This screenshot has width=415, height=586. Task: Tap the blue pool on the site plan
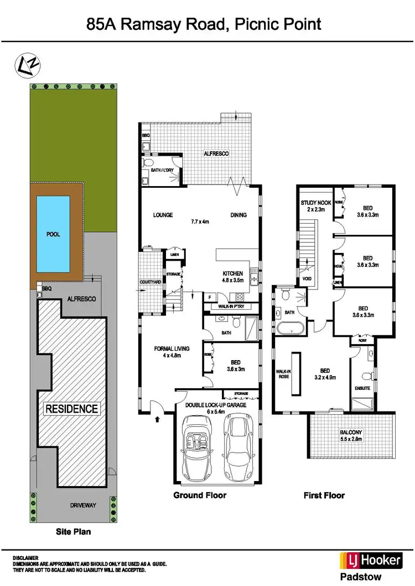(x=53, y=234)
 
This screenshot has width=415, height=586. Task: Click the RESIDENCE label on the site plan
(x=72, y=409)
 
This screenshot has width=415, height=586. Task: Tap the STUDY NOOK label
(x=316, y=207)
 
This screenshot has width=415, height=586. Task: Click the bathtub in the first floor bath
(x=289, y=330)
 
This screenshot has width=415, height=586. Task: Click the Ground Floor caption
(x=200, y=495)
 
